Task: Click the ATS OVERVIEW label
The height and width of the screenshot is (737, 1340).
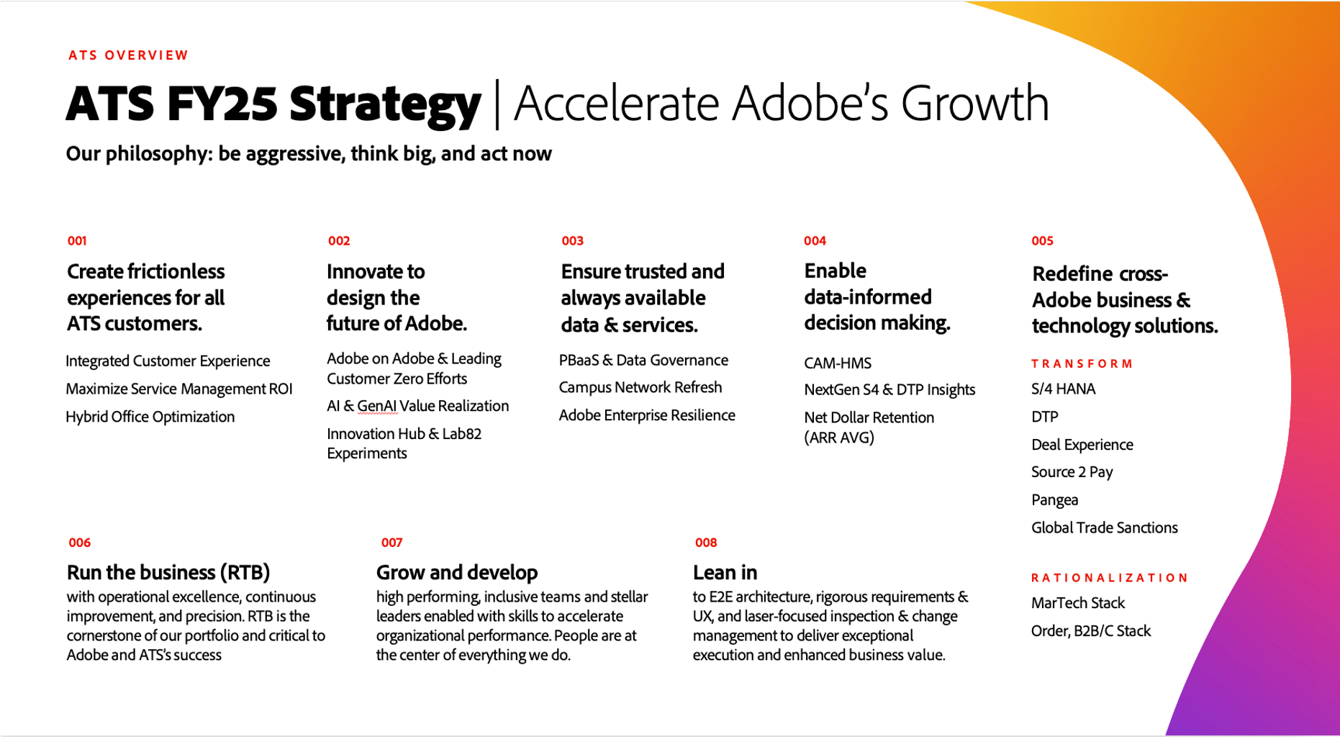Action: coord(128,55)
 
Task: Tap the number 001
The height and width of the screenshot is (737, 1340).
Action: coord(77,241)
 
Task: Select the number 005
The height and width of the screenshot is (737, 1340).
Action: coord(1042,241)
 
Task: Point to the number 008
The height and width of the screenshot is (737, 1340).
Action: coord(706,543)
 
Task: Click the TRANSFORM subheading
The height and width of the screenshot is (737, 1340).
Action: coord(1082,364)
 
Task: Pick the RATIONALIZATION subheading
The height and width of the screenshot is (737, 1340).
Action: coord(1109,578)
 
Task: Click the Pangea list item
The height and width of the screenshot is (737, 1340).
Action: coord(1054,500)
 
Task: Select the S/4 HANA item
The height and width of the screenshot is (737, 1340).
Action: coord(1063,389)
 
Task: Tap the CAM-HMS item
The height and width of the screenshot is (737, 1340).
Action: coord(838,363)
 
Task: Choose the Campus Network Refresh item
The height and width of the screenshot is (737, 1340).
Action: coord(640,387)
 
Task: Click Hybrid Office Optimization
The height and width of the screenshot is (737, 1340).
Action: coord(150,417)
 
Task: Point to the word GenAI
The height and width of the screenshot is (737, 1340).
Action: coord(377,406)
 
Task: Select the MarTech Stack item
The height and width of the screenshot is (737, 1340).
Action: coord(1077,603)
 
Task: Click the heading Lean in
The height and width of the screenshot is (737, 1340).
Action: coord(725,573)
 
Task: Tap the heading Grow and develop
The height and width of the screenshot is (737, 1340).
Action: coord(457,573)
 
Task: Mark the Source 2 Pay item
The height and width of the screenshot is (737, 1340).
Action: coord(1072,472)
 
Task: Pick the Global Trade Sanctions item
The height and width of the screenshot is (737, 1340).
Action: coord(1105,528)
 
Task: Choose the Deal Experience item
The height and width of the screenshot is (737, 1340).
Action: coord(1082,445)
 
